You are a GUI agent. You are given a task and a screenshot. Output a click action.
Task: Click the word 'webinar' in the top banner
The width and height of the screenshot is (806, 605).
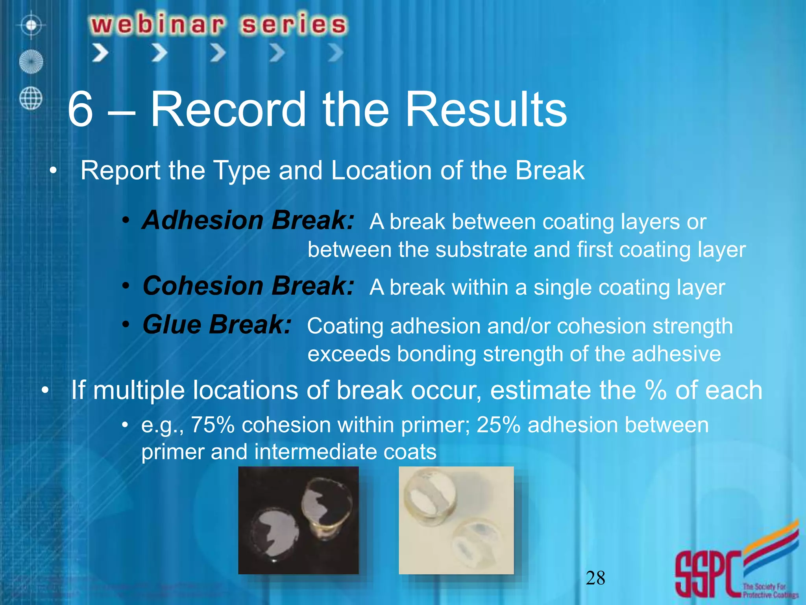(157, 24)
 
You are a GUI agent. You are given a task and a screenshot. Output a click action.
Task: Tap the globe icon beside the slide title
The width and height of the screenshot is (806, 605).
(31, 98)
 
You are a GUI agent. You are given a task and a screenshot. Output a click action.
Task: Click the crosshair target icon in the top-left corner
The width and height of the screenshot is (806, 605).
(31, 26)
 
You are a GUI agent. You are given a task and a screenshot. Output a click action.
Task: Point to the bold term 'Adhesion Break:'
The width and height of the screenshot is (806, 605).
(248, 220)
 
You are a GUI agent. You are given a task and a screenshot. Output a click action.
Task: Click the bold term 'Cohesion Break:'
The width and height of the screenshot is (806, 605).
(248, 286)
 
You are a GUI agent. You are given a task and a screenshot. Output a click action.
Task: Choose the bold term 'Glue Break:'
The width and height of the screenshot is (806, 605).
(217, 325)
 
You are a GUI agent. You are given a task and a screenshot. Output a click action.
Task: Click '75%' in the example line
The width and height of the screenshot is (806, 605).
(213, 425)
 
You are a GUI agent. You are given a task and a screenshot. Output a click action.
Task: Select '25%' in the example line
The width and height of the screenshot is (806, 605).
(498, 425)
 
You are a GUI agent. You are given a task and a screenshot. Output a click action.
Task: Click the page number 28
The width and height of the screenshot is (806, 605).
(595, 578)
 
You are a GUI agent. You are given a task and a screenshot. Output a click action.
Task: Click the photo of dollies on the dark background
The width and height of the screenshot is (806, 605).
(298, 520)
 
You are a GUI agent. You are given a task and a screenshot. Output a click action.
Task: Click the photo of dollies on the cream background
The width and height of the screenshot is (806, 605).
(456, 520)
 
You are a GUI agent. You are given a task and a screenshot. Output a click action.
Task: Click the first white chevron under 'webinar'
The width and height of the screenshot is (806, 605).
(100, 53)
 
